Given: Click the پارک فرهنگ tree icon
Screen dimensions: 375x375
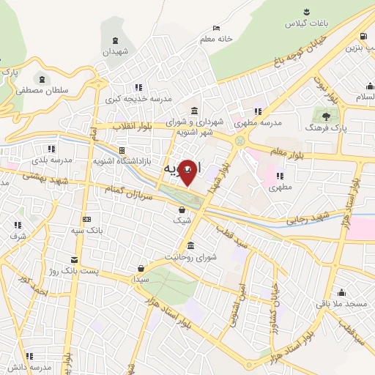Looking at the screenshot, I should click(x=326, y=115).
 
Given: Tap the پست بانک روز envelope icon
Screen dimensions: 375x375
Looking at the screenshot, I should click(x=74, y=260).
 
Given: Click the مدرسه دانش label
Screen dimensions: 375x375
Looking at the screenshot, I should click(x=29, y=366).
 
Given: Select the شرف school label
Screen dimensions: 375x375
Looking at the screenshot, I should click(x=18, y=236).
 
